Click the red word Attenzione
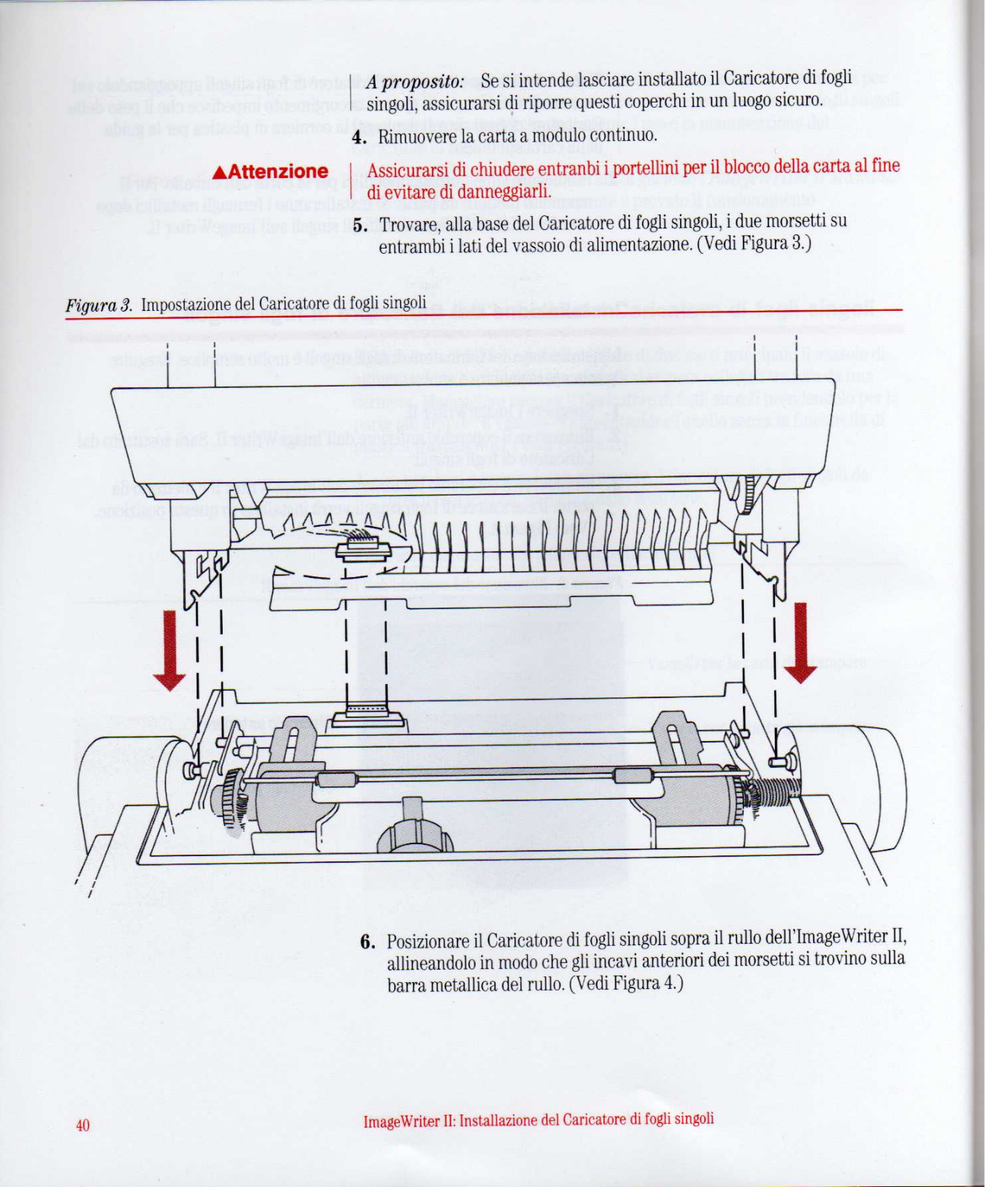click(278, 172)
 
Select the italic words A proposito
click(415, 82)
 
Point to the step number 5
click(360, 225)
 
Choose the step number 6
click(367, 943)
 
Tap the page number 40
click(82, 1125)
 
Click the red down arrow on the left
click(170, 651)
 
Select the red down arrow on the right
click(800, 643)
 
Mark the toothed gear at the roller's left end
click(232, 796)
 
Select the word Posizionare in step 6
click(434, 942)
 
